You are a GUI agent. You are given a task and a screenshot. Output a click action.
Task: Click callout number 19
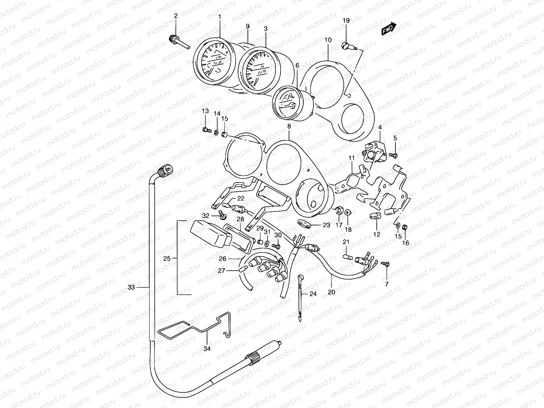[x=346, y=21]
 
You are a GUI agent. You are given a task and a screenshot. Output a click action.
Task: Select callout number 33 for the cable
[x=131, y=287]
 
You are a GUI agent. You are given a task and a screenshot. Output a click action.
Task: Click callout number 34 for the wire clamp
[x=207, y=348]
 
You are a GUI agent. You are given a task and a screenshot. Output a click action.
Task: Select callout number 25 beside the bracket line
[x=167, y=259]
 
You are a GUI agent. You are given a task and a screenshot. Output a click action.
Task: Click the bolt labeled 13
[x=205, y=130]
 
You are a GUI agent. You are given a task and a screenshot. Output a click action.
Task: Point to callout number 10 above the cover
[x=328, y=40]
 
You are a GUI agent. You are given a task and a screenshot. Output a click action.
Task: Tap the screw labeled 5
[x=394, y=155]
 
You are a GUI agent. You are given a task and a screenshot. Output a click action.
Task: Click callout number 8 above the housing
[x=289, y=126]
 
